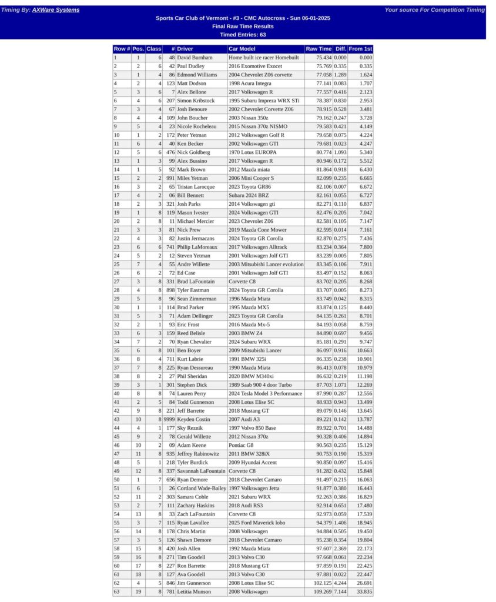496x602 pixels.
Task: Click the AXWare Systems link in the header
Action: pos(56,10)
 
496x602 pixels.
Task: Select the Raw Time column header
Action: pos(319,49)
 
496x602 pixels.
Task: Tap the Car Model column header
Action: pos(242,49)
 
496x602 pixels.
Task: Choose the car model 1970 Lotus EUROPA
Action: pos(252,153)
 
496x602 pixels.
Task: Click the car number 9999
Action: pos(169,419)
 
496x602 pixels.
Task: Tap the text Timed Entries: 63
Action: pos(247,35)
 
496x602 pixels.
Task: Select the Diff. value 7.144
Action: pos(340,591)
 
